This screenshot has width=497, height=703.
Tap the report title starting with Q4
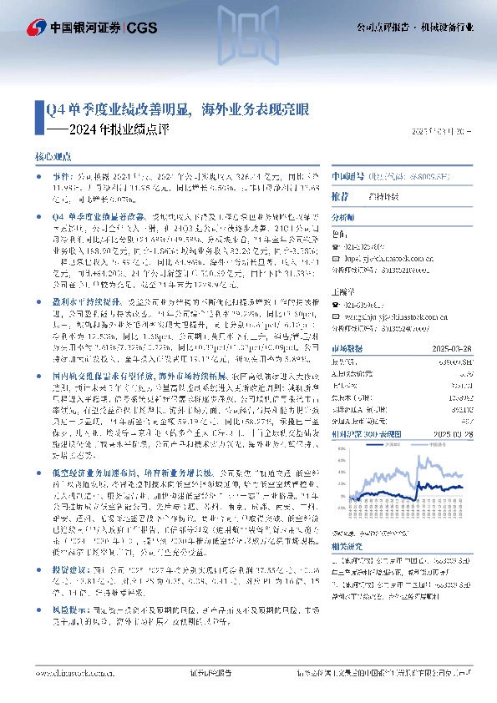(176, 109)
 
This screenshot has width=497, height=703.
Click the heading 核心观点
(53, 156)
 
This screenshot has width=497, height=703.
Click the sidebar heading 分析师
(344, 216)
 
